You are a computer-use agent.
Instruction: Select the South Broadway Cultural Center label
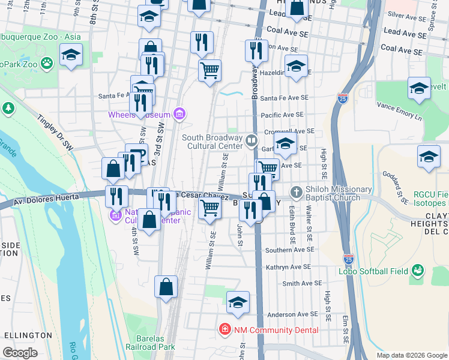(212, 142)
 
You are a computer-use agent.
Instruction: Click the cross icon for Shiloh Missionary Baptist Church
(295, 192)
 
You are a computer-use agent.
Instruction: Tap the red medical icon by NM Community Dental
(224, 329)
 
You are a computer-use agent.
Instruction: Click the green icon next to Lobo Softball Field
(418, 271)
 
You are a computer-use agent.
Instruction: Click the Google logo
(20, 352)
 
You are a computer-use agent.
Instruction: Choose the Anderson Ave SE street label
(292, 314)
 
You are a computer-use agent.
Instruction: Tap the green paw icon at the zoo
(46, 62)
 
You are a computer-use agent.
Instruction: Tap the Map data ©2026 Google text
(412, 355)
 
